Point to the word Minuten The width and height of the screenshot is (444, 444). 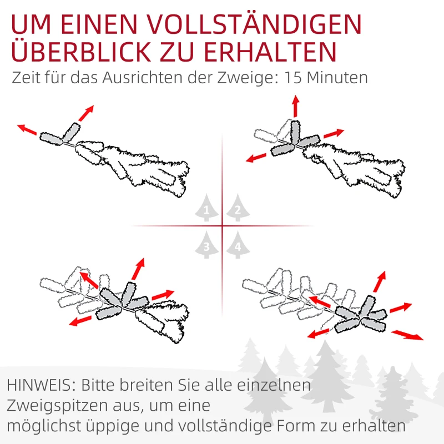pos(338,77)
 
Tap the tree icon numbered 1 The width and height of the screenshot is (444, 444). pos(206,209)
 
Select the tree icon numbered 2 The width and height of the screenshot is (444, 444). pos(237,209)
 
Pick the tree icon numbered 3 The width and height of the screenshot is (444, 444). pos(206,245)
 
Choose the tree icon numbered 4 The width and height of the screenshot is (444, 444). pos(237,245)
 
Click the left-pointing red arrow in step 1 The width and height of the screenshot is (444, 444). pos(27,129)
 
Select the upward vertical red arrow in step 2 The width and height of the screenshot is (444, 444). pos(295,105)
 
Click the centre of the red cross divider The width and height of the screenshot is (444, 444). pos(222,226)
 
